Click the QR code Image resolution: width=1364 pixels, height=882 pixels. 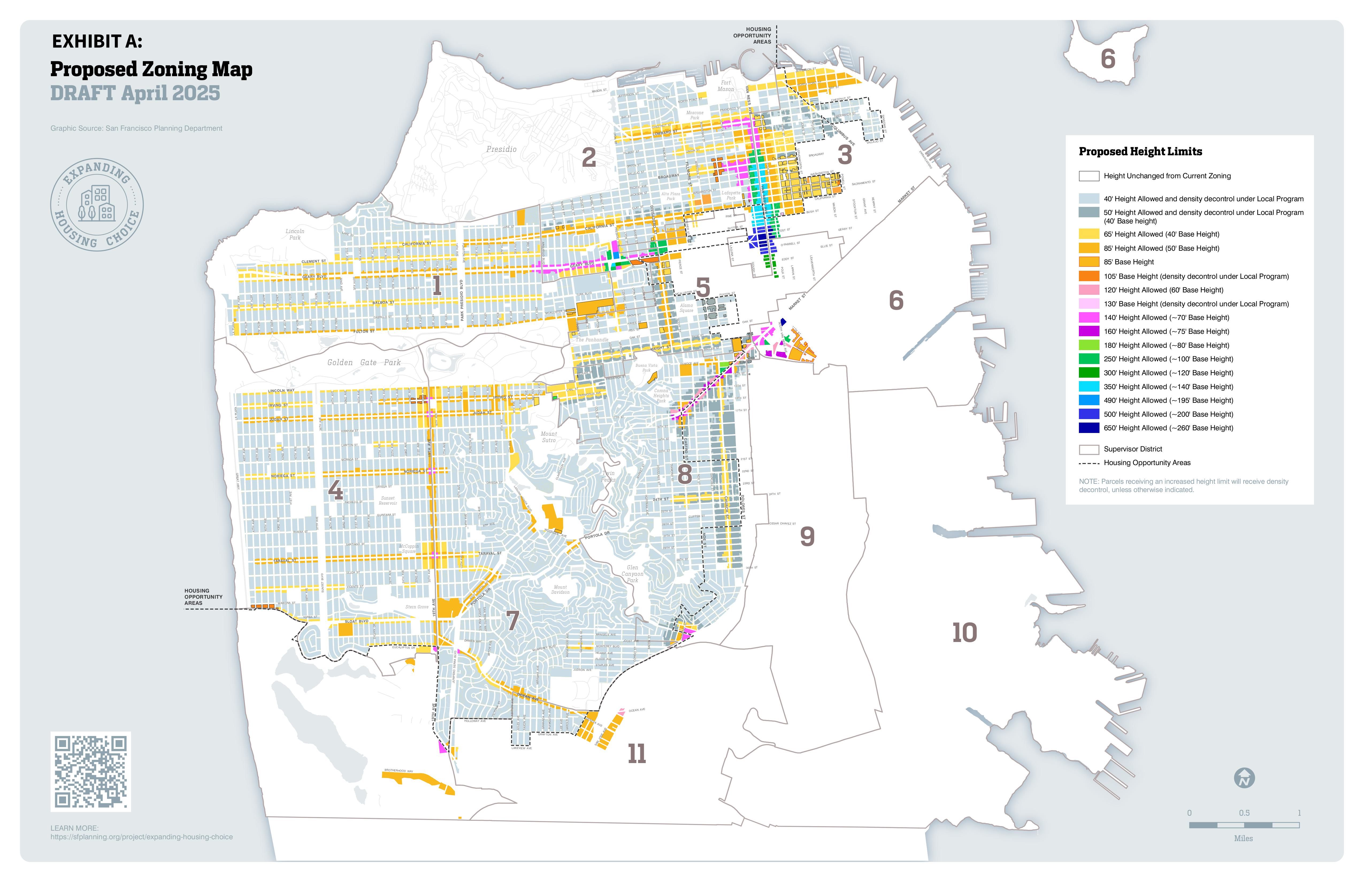(91, 771)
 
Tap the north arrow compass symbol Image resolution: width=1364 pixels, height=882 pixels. (1244, 778)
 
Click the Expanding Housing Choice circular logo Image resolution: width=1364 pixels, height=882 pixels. (97, 204)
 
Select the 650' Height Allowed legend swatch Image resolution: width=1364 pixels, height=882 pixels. (1089, 428)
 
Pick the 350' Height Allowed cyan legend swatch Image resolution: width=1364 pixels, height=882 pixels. (1089, 386)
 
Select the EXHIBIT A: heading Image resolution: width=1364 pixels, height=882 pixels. (97, 41)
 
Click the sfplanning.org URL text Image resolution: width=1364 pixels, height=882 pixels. (141, 837)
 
